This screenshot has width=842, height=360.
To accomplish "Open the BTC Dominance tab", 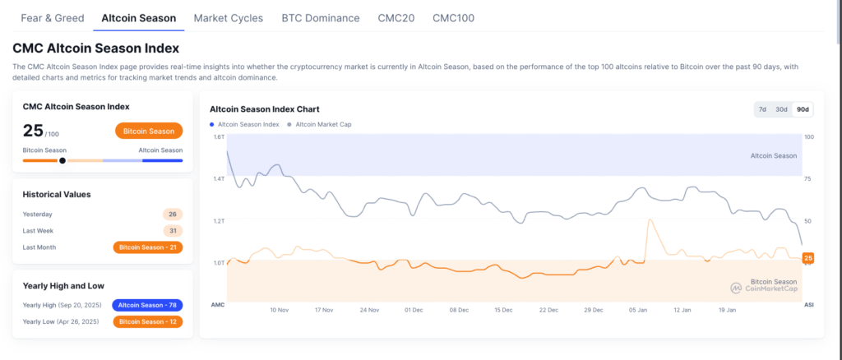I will [x=320, y=17].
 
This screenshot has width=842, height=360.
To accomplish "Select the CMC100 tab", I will [x=453, y=17].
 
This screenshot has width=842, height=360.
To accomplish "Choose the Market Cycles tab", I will [x=229, y=17].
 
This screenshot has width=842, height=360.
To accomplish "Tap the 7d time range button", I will [x=762, y=109].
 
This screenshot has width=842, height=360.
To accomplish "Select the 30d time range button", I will [x=781, y=109].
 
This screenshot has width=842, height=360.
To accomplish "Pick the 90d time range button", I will [x=802, y=109].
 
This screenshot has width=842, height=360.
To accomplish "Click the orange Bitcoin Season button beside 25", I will [x=149, y=131].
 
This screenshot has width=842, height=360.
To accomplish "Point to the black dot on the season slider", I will [x=62, y=160].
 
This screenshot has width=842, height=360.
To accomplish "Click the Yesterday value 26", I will [x=173, y=214].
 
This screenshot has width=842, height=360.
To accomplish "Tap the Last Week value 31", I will [x=173, y=230].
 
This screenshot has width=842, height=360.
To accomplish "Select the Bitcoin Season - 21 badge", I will [x=148, y=247].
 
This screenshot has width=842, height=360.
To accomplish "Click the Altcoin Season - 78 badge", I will [x=147, y=305].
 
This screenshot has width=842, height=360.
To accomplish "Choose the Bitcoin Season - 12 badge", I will [x=148, y=321].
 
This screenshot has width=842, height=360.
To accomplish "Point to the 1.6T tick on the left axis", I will [x=219, y=136].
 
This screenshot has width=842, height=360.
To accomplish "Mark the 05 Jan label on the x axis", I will [x=636, y=311].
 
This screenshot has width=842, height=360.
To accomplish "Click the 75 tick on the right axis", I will [x=808, y=178].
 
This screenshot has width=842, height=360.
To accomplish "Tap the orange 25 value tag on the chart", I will [x=807, y=259].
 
